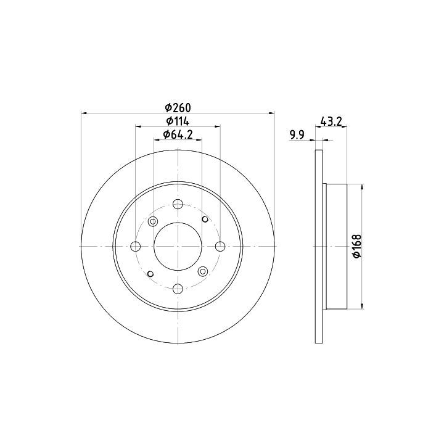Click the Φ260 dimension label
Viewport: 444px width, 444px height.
[178, 107]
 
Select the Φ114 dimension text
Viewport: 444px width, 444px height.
[178, 121]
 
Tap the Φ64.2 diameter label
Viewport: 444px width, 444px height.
[178, 134]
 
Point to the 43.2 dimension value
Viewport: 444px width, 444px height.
[331, 121]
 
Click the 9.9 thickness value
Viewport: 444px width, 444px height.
[297, 135]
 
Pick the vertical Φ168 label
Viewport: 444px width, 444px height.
[357, 246]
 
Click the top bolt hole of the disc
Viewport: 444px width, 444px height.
[178, 204]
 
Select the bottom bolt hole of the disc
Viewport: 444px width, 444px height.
[178, 289]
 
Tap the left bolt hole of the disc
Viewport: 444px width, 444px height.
[135, 246]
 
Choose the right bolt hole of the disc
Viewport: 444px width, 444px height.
[220, 246]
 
